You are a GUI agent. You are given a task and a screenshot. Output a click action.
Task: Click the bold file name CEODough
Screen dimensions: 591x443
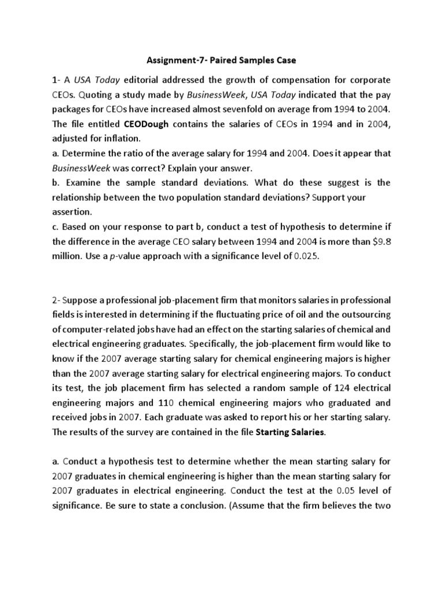click(x=147, y=123)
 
